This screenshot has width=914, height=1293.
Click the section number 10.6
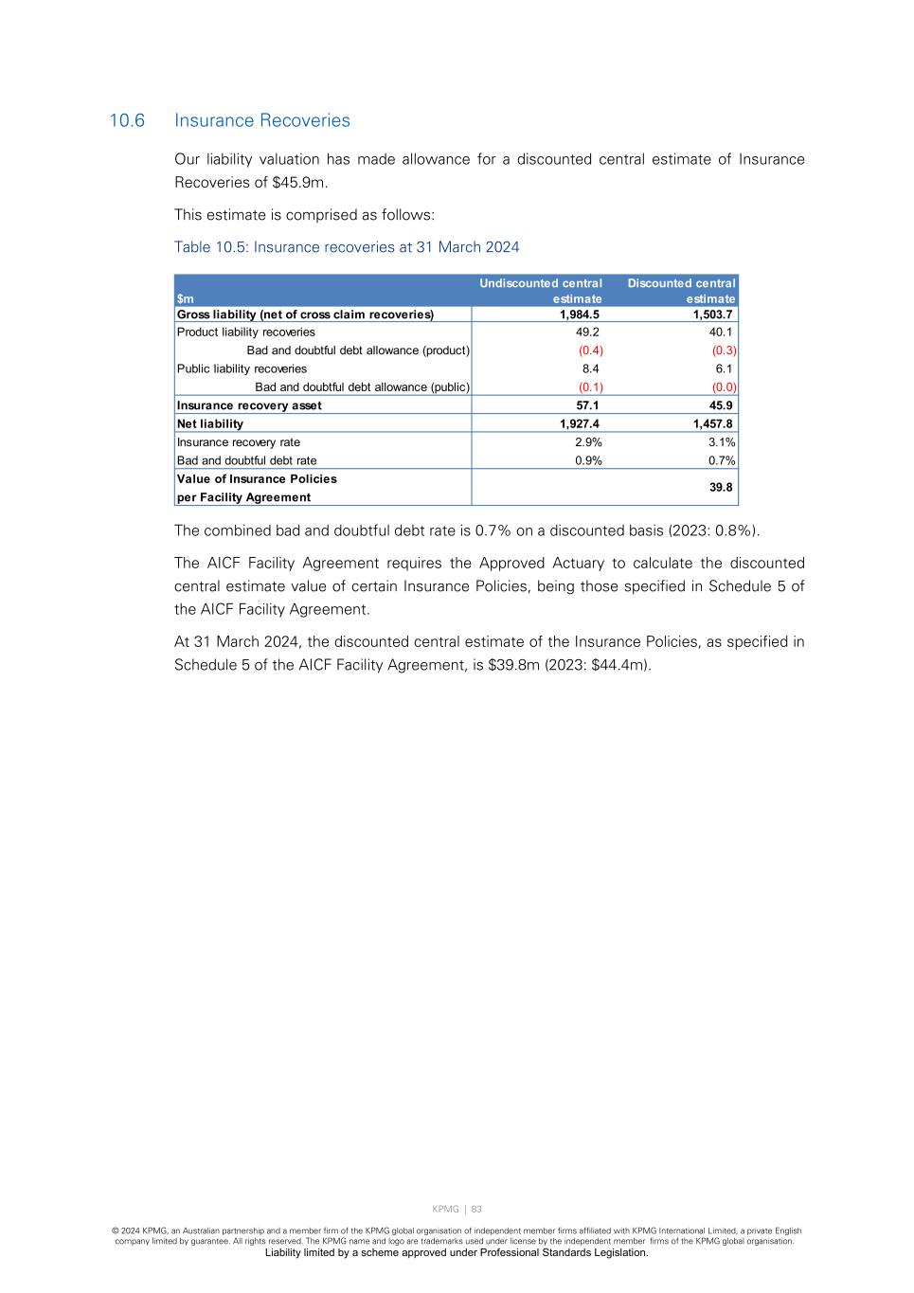point(127,121)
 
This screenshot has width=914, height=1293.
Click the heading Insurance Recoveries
point(262,121)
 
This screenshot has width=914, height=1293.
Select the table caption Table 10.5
point(346,247)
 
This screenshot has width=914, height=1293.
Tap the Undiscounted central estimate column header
point(541,291)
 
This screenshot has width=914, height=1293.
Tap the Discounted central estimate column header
point(681,291)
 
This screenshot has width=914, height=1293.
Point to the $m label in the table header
point(186,299)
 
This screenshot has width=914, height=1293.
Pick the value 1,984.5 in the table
point(579,314)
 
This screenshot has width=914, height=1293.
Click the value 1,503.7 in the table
point(712,314)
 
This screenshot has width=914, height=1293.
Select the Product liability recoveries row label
point(246,332)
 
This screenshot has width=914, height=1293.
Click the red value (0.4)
point(590,350)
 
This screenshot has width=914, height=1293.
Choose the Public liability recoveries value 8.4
point(590,369)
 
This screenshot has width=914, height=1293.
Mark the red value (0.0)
point(724,387)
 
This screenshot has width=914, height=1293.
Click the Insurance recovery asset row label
point(249,405)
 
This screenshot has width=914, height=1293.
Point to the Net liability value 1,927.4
point(579,424)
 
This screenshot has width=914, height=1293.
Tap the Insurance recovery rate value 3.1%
point(721,442)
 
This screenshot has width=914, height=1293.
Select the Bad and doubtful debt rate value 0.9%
point(588,461)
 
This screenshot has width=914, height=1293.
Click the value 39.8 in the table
point(721,488)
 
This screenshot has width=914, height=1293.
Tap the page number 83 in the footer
point(476,1210)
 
